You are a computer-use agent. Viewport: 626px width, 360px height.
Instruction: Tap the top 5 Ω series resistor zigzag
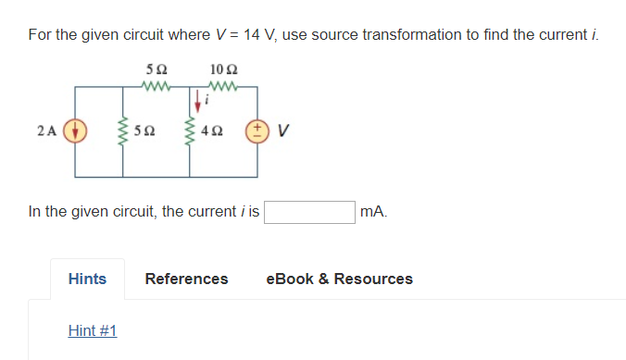point(156,88)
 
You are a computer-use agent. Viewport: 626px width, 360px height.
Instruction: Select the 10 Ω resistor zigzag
point(224,88)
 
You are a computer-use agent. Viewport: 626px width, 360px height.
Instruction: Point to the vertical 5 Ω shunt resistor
point(119,130)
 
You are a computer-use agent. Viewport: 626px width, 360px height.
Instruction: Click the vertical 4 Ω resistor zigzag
point(190,130)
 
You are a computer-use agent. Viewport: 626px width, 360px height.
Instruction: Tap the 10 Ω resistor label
point(223,70)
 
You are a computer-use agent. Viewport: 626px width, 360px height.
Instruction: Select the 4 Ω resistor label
point(214,131)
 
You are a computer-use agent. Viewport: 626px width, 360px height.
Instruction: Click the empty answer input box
point(310,212)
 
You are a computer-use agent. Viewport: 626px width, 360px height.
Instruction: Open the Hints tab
point(87,279)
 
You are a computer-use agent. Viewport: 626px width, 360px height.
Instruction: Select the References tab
point(186,279)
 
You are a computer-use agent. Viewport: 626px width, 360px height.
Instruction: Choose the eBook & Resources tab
point(339,279)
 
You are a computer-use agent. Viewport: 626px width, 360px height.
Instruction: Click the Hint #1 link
point(92,330)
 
